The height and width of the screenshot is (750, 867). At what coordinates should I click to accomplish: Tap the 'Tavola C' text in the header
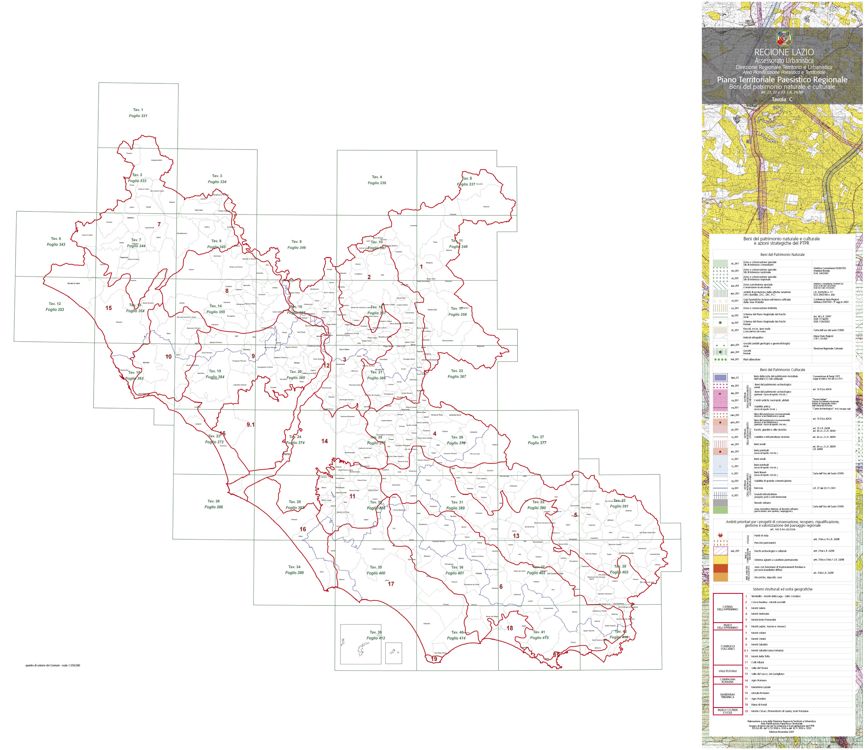tap(782, 99)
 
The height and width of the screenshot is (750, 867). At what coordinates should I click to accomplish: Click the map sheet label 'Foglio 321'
tap(138, 115)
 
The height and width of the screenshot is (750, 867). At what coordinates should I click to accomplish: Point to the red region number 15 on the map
tap(108, 308)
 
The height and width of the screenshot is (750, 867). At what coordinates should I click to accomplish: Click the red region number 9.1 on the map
tap(250, 424)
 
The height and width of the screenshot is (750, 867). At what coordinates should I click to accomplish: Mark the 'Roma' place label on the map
tap(286, 454)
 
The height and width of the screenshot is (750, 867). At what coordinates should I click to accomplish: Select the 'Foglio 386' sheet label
tap(213, 507)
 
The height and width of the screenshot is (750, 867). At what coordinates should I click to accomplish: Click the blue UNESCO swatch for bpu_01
tap(720, 377)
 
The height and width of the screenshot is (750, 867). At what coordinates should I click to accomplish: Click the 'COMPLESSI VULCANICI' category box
tap(728, 647)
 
